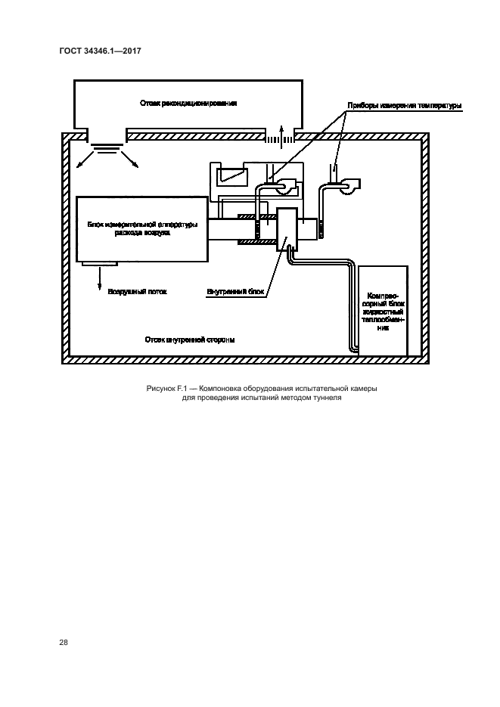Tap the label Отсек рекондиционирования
tap(188, 103)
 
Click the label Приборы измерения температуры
tap(403, 106)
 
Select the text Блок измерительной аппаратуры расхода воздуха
tap(143, 229)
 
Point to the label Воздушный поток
tap(136, 290)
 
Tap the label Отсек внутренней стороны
tap(190, 340)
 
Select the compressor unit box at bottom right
tap(383, 310)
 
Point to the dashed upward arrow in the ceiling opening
tap(280, 136)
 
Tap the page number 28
tap(64, 643)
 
